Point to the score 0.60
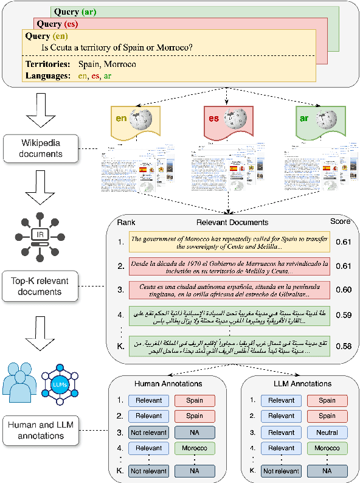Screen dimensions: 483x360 click(344, 290)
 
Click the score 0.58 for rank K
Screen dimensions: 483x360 click(344, 346)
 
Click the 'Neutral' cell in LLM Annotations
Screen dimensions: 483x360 click(327, 433)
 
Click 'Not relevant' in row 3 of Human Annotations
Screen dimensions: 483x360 click(148, 433)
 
